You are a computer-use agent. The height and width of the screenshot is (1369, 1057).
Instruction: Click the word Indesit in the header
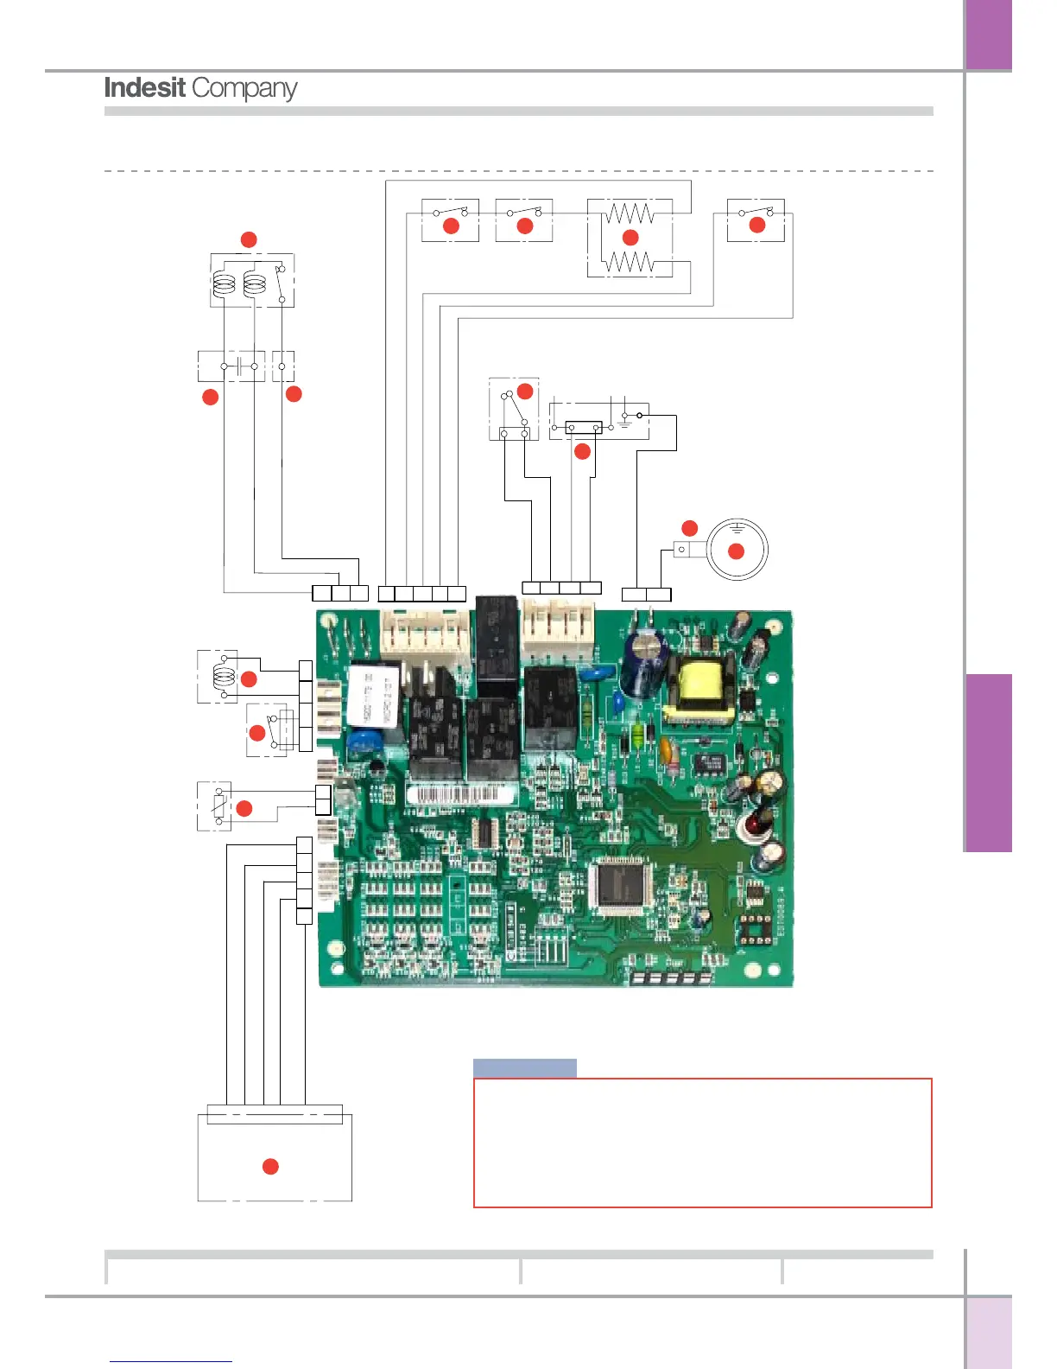point(144,87)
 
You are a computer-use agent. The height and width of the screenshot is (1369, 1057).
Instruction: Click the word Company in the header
point(244,88)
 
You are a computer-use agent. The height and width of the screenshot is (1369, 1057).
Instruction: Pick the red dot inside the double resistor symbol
point(630,237)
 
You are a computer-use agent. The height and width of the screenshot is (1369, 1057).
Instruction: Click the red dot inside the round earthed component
point(736,551)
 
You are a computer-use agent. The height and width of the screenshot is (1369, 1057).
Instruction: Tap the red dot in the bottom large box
point(270,1167)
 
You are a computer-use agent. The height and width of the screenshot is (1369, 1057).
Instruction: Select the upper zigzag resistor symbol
point(630,213)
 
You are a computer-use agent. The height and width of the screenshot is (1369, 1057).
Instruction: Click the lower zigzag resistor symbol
point(630,261)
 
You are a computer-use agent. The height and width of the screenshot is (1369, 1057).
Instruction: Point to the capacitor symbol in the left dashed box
point(239,366)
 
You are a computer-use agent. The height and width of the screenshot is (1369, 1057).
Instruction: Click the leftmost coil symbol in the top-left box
point(224,283)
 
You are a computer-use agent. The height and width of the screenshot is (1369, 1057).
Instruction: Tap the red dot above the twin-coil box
point(249,239)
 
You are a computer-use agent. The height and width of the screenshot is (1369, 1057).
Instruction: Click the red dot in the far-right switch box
point(757,225)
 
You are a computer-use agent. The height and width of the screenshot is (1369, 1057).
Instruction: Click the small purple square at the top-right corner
point(988,35)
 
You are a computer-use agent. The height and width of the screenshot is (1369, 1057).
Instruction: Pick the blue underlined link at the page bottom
point(171,1360)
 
